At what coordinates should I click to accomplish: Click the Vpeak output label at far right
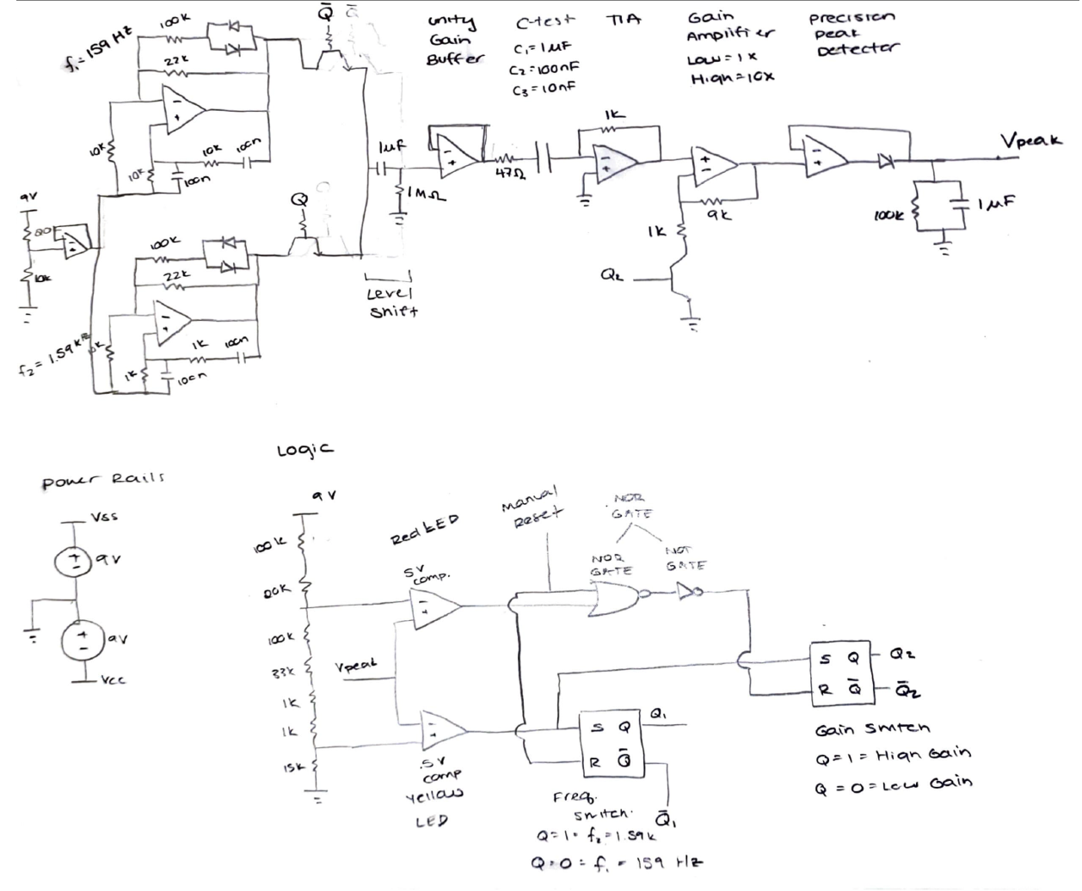[x=1030, y=141]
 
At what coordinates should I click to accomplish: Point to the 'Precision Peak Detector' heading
[x=851, y=33]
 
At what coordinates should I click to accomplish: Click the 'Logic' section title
[x=305, y=449]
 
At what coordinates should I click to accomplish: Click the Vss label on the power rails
[x=104, y=518]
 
